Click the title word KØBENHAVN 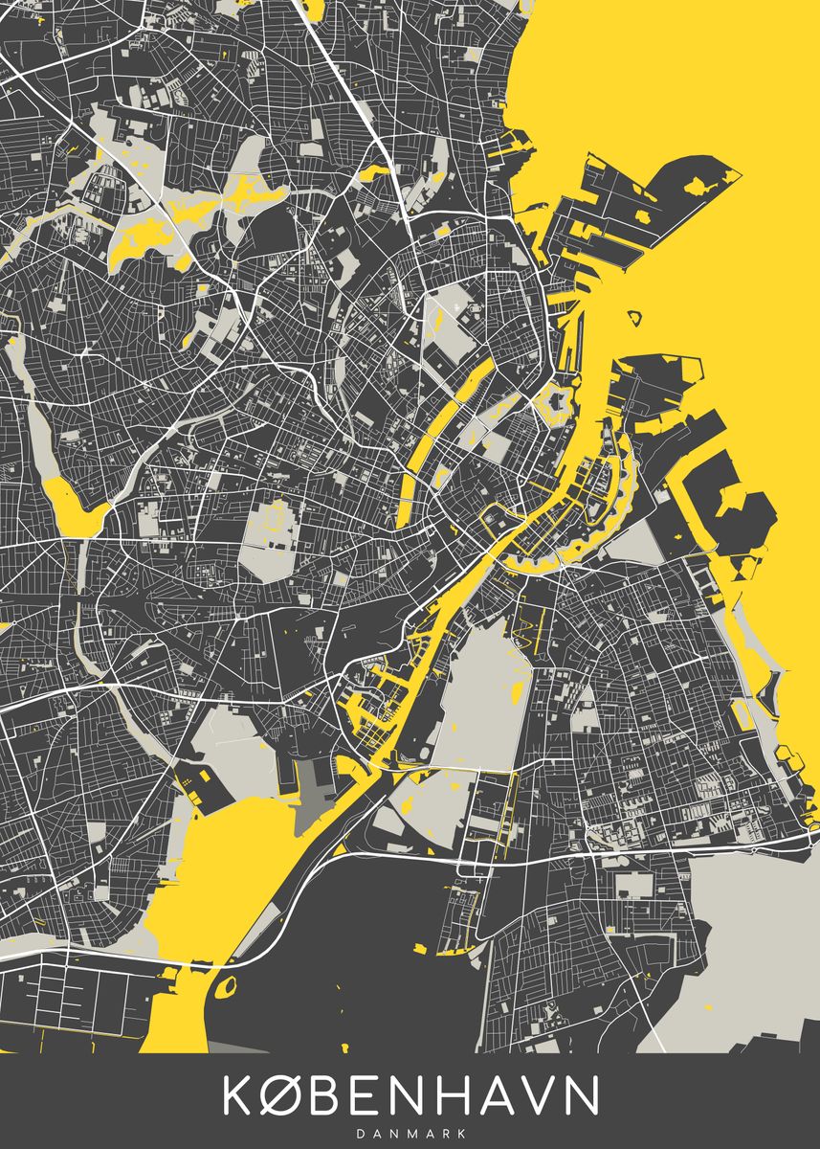tap(411, 1095)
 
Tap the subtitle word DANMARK tap(410, 1132)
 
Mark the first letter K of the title tap(238, 1095)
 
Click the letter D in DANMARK tap(361, 1132)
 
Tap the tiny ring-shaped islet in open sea tap(633, 315)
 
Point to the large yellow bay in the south tap(230, 862)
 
